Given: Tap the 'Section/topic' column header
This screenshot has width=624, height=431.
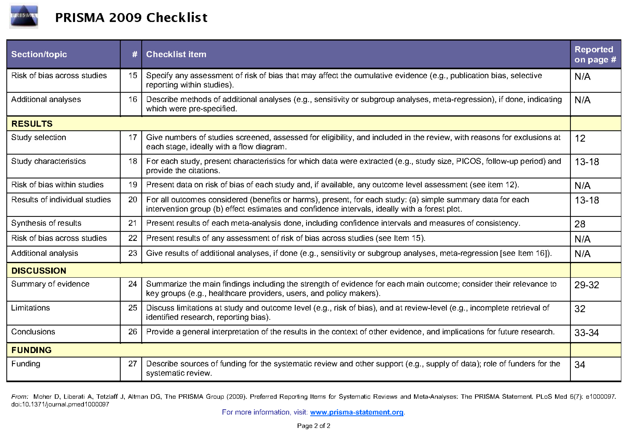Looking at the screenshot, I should (x=39, y=54).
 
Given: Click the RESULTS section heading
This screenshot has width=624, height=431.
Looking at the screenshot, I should (x=32, y=124).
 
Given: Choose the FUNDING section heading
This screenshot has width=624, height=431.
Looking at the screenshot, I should (x=31, y=350).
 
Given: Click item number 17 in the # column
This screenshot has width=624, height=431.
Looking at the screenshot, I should (x=132, y=137).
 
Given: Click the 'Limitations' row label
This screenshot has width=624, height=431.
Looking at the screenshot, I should (x=31, y=308).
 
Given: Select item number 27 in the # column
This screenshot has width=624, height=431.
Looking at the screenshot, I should (x=132, y=364).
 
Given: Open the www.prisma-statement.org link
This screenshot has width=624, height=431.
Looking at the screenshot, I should (x=356, y=412).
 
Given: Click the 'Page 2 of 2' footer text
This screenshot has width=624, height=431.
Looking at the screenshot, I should (x=313, y=426).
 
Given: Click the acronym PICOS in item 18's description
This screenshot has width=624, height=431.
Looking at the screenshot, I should (x=468, y=161).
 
